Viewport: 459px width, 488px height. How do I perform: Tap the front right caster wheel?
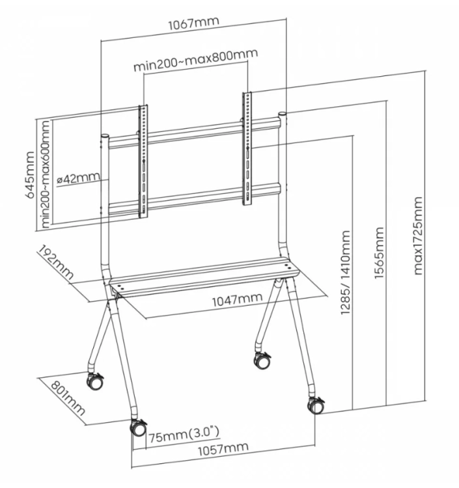[316, 405]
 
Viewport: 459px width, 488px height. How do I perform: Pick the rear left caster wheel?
[94, 381]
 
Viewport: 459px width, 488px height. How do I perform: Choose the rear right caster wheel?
[262, 360]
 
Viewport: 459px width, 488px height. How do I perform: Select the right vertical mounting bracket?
[248, 148]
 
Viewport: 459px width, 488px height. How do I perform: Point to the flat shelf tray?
[202, 277]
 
